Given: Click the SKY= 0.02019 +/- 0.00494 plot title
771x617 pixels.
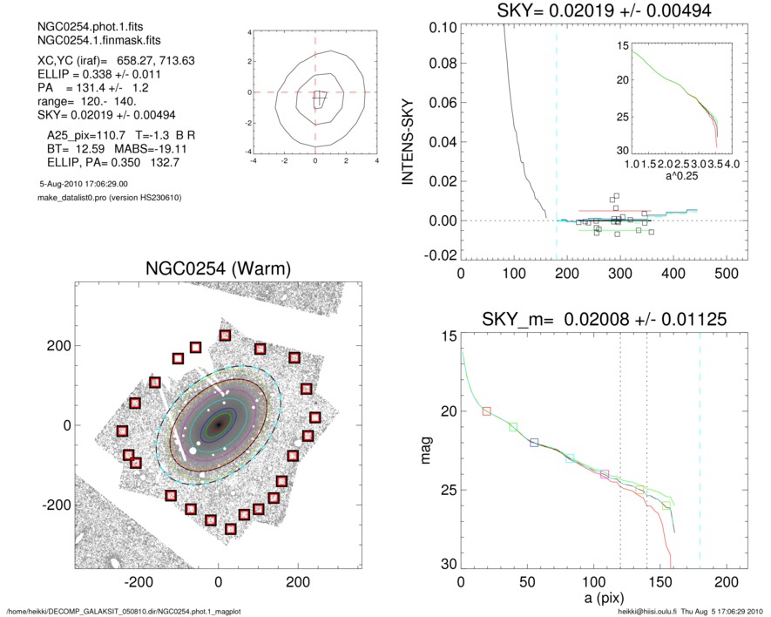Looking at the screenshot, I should (x=592, y=10).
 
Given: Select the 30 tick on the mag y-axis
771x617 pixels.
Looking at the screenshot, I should (x=447, y=565).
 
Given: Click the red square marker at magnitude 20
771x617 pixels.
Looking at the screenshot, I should (x=486, y=410).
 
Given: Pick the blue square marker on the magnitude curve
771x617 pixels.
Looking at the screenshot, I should (x=534, y=443).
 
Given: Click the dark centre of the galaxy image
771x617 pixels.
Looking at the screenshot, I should (x=219, y=424).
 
